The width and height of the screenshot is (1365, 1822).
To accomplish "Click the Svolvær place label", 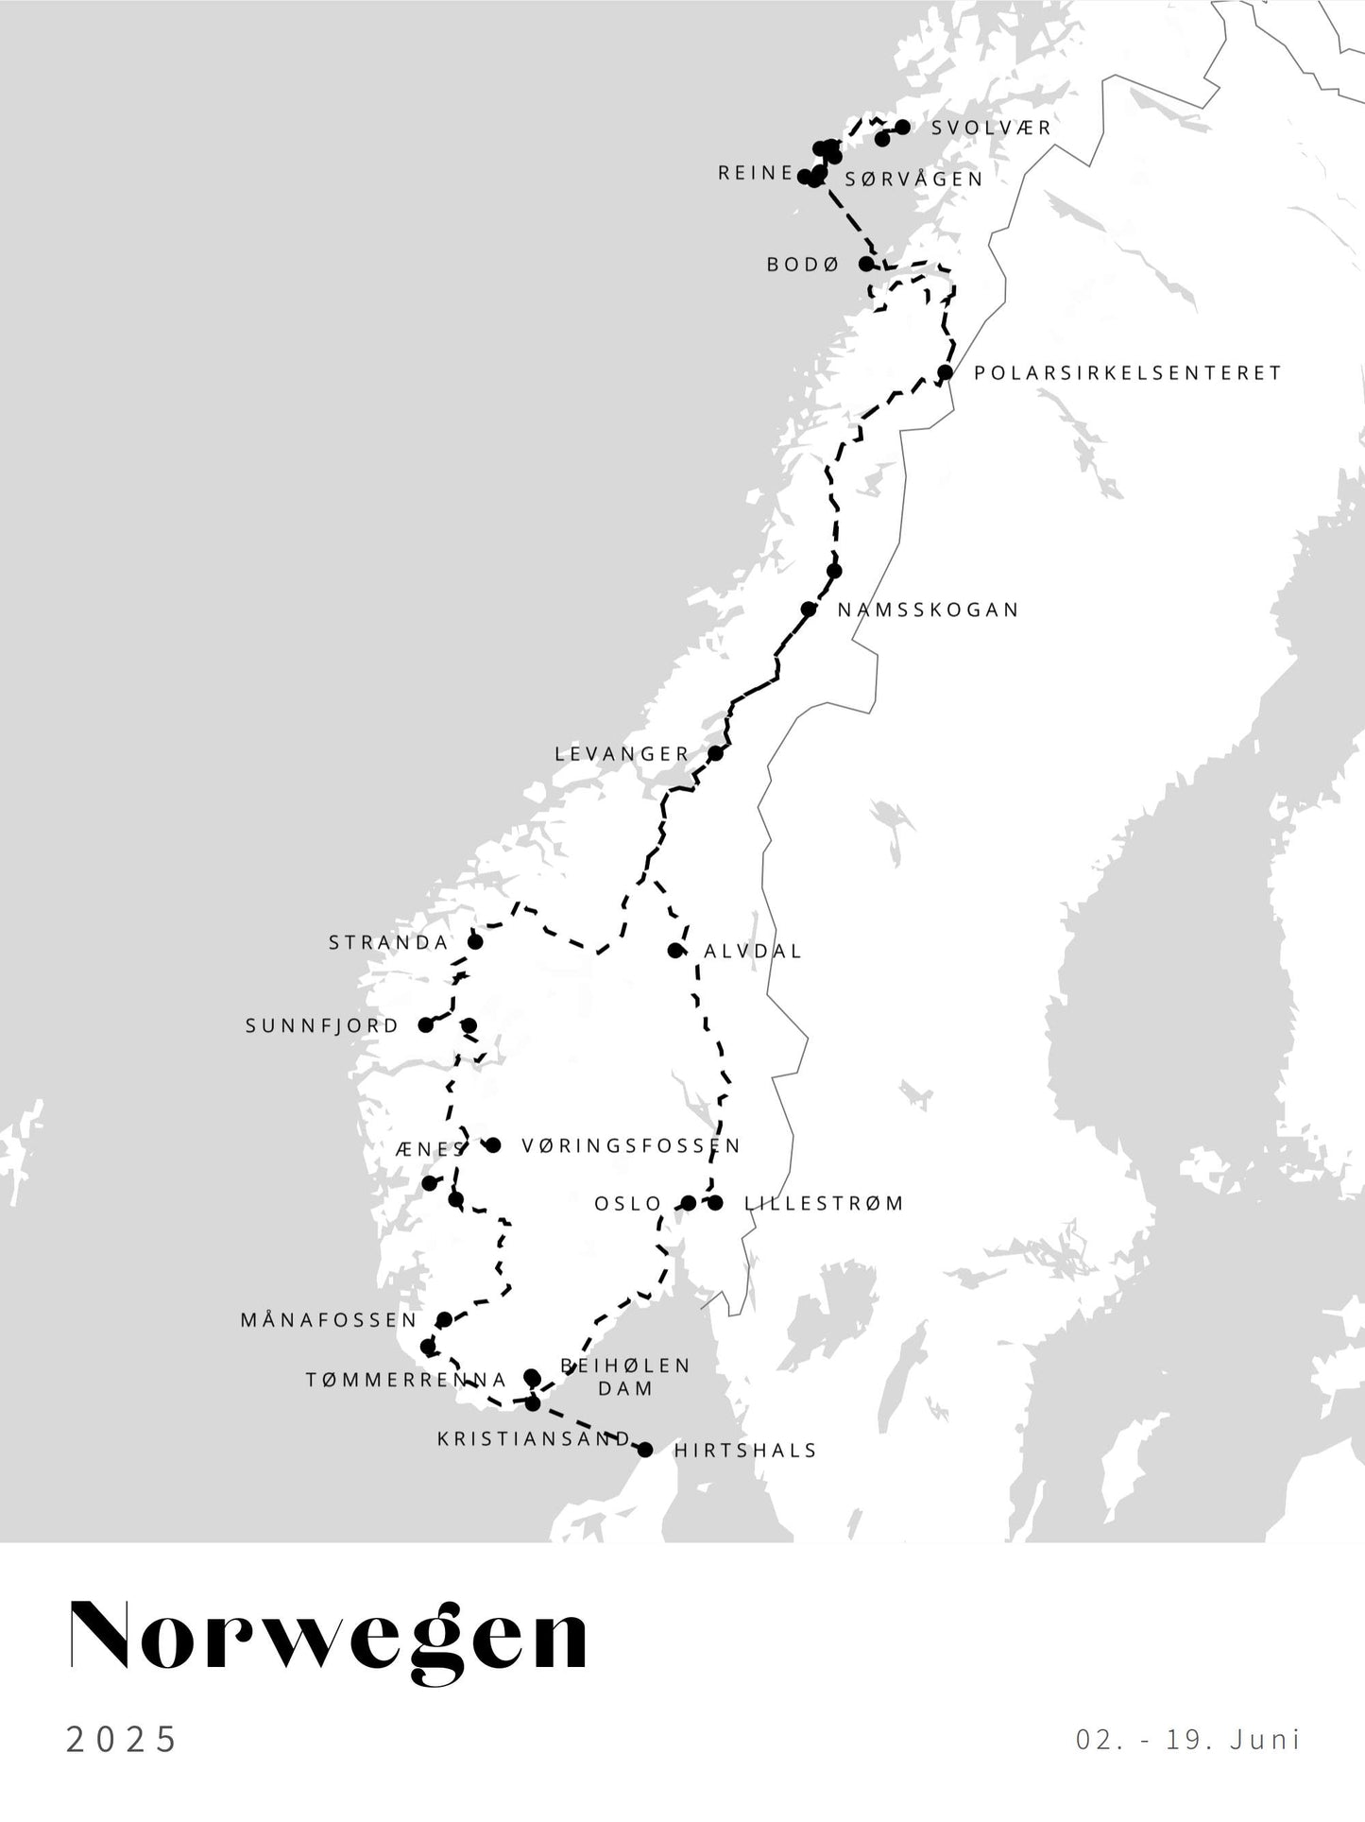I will tap(991, 128).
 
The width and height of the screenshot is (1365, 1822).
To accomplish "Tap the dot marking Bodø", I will tap(866, 264).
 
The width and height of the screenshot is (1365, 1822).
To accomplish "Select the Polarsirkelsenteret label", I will tap(1128, 373).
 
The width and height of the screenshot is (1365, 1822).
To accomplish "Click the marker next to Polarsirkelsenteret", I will tap(945, 372).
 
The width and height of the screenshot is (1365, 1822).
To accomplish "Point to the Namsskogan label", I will tap(929, 610).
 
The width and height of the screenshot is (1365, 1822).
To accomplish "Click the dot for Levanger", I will tap(716, 753).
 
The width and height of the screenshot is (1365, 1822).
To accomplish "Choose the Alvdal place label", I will tap(753, 952).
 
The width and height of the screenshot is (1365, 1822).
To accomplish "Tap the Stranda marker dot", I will tap(475, 942).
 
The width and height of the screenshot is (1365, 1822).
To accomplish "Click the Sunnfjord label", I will tap(322, 1026).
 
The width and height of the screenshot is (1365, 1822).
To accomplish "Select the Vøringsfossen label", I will tap(631, 1146).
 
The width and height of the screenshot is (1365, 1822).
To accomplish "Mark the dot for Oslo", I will tap(689, 1203).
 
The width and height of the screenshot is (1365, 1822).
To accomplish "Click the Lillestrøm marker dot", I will tap(715, 1203).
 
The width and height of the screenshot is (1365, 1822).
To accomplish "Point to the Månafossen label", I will tap(329, 1320).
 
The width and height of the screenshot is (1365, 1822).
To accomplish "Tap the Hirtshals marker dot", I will tap(645, 1450).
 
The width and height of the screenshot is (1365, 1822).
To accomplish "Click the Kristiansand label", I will tap(534, 1439).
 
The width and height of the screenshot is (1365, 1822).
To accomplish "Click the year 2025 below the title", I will tap(122, 1739).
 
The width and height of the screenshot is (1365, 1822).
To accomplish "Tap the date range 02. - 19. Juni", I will tap(1188, 1739).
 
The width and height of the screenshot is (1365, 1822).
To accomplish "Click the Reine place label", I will tap(755, 173).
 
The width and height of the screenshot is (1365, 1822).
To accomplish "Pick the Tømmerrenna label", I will tap(406, 1381).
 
